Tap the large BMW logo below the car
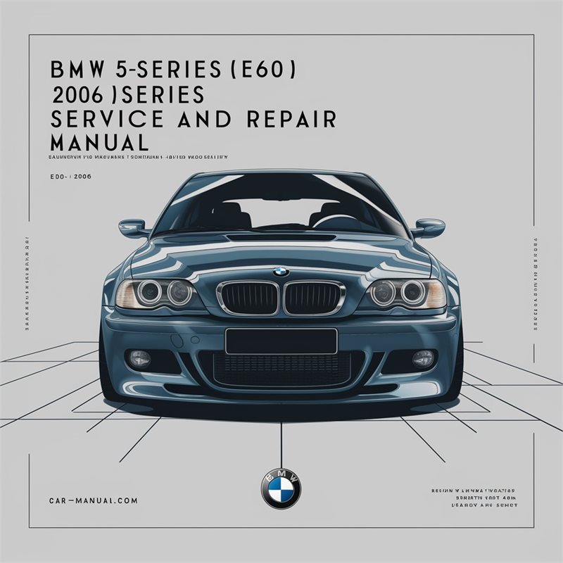(281, 488)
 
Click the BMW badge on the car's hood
(281, 271)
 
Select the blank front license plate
(281, 341)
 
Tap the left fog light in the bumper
(139, 357)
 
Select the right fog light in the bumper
(422, 357)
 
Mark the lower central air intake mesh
(281, 369)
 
